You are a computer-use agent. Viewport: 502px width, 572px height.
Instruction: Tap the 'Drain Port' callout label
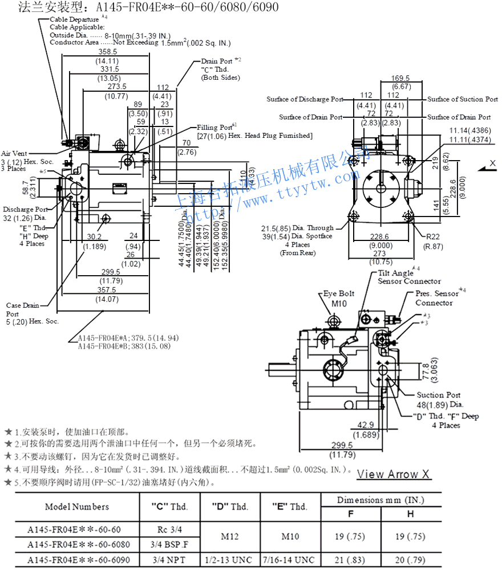tap(217, 61)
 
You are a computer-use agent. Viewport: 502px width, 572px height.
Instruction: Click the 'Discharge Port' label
tap(26, 209)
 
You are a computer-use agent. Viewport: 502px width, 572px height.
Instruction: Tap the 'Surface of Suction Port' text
tap(463, 99)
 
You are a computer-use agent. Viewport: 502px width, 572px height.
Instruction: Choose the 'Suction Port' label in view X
tap(438, 395)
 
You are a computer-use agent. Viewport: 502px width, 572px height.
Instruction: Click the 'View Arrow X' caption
tap(394, 475)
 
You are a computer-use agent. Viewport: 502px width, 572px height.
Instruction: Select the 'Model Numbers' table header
tap(76, 506)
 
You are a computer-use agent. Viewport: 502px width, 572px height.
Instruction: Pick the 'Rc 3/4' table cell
tap(169, 529)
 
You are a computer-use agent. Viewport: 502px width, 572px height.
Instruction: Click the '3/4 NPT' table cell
tap(169, 561)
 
